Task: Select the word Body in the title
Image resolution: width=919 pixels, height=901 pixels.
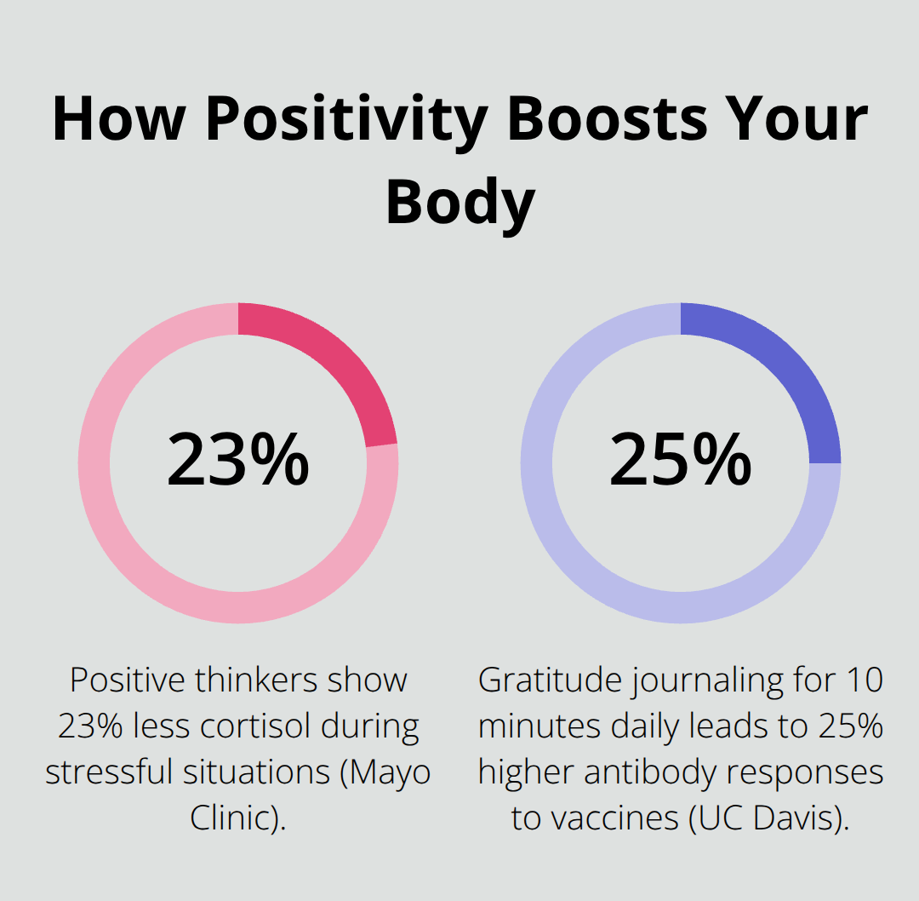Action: click(x=459, y=203)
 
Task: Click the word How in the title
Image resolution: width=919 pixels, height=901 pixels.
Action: click(x=117, y=120)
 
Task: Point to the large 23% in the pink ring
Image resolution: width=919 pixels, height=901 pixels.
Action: click(x=237, y=461)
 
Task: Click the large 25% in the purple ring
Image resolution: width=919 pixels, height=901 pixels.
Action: click(x=680, y=461)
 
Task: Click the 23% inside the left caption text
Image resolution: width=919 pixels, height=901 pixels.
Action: click(x=91, y=726)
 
